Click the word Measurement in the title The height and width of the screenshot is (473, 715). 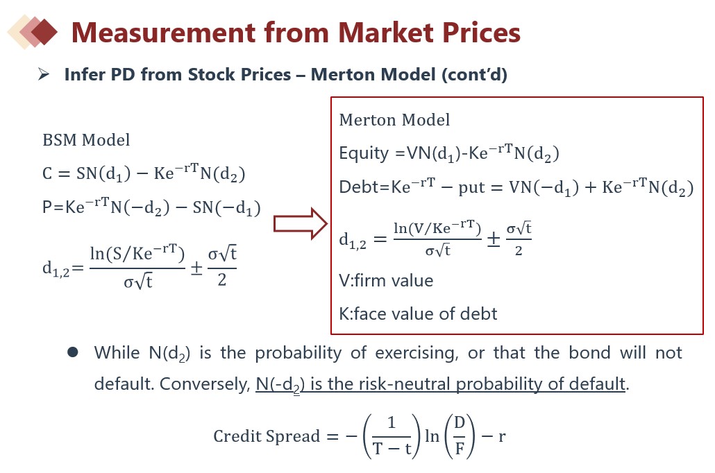click(163, 33)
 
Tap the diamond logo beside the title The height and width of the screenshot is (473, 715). click(33, 31)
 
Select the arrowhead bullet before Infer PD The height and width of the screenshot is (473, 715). click(44, 74)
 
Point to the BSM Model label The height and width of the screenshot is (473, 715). click(86, 140)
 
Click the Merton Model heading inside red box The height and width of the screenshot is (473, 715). click(394, 120)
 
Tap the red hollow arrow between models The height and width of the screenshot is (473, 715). click(301, 224)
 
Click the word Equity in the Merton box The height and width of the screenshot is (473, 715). click(364, 153)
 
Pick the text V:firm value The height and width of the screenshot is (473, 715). click(386, 281)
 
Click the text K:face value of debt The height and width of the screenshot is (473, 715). click(418, 314)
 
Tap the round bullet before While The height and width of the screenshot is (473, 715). click(72, 352)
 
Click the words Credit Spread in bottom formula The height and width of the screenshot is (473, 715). click(267, 436)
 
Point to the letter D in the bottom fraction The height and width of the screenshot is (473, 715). click(459, 423)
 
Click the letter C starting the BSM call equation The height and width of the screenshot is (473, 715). click(47, 173)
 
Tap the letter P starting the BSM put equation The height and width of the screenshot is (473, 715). click(47, 207)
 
